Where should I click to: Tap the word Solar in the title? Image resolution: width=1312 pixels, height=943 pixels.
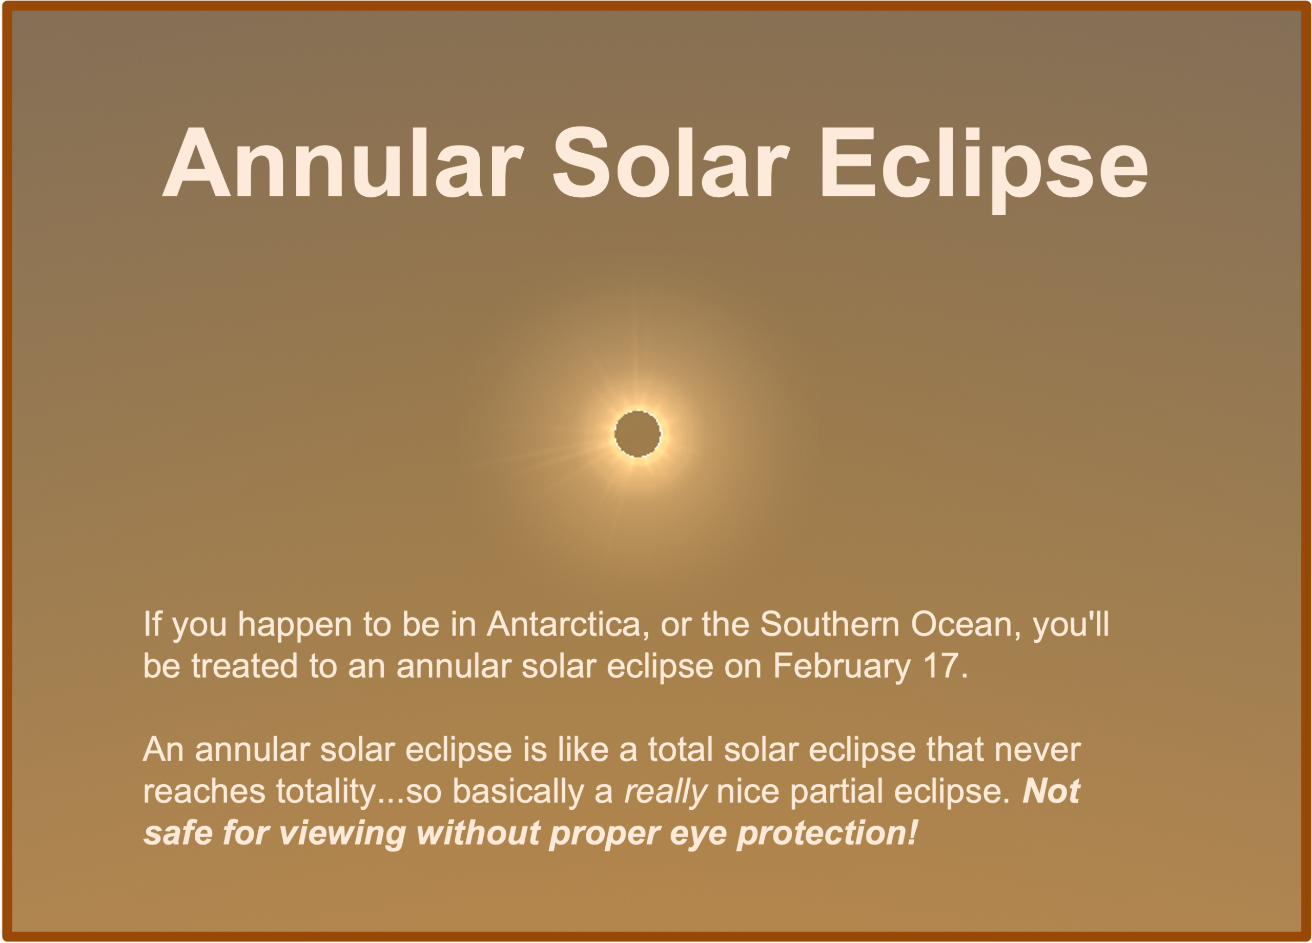tap(671, 162)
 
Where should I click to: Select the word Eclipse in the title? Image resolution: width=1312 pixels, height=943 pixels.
tap(985, 171)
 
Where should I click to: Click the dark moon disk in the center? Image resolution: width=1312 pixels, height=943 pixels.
tap(638, 434)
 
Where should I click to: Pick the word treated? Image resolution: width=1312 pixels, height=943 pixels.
tap(244, 666)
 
